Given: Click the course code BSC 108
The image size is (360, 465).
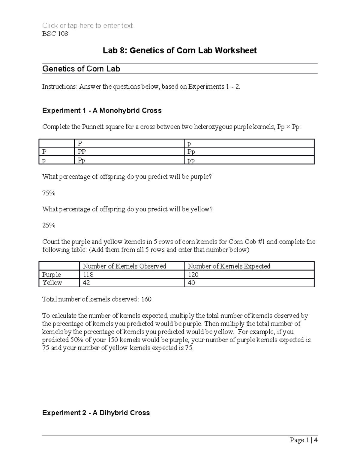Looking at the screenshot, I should pos(55,34).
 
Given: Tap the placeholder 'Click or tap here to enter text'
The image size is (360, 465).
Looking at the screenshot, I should pos(88,26).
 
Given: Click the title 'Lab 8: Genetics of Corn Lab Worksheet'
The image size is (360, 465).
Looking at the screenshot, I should pos(180,50).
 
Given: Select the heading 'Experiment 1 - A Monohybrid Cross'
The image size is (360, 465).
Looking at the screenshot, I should pos(102,111).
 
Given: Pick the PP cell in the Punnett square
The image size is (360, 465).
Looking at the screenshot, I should pos(82,152).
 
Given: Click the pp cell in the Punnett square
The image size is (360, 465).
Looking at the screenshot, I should pos(191,160).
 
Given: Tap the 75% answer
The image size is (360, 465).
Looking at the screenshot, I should pos(49,193).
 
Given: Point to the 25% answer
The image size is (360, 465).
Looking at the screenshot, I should pos(49,225).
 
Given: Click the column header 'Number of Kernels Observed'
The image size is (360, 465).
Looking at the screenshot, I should pos(124,266).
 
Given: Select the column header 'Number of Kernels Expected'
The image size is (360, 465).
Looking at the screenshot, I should pos(229,266).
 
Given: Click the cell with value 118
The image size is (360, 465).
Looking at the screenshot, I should pos(88,275).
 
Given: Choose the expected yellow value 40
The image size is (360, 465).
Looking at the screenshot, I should pos(191,283).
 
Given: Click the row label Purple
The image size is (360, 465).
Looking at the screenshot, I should pos(52,275).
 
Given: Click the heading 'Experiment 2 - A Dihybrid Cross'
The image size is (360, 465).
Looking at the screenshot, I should pos(96,413).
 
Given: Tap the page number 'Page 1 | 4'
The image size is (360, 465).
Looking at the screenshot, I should pos(303,440).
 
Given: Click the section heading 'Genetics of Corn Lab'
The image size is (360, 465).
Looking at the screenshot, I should pos(81,69).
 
